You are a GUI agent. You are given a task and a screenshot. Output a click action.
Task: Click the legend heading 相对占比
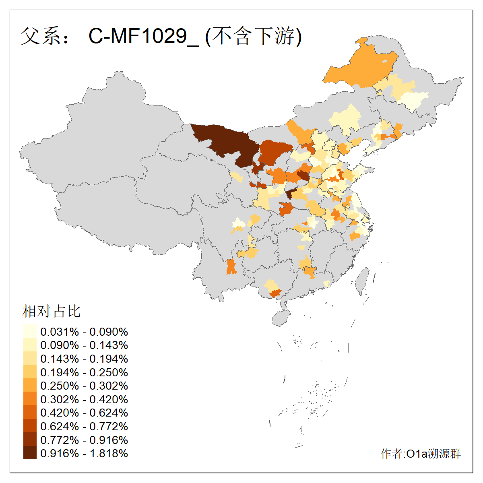click(x=52, y=311)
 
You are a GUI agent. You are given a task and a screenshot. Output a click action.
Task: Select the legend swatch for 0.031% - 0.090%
click(x=30, y=332)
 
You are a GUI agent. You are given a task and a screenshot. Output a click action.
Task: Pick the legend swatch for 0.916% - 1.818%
click(x=30, y=453)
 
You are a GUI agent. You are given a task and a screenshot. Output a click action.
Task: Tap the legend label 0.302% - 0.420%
click(x=84, y=399)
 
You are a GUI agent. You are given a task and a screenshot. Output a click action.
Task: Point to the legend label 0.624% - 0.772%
click(x=84, y=426)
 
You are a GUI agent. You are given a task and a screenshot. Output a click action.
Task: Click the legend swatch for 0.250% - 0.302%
click(x=30, y=386)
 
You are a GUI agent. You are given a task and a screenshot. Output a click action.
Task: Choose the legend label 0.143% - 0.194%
click(x=84, y=359)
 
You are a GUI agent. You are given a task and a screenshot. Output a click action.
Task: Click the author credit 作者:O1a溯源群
click(x=421, y=454)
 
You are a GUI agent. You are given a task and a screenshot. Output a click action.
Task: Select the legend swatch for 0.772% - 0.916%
click(x=30, y=440)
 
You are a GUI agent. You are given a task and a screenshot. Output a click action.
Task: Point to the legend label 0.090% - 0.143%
click(x=84, y=345)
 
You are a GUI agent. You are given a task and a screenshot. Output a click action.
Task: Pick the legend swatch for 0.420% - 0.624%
click(x=30, y=413)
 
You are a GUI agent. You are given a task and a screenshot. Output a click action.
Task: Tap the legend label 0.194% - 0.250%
click(x=84, y=372)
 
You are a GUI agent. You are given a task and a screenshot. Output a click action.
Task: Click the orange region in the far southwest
click(x=231, y=267)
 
